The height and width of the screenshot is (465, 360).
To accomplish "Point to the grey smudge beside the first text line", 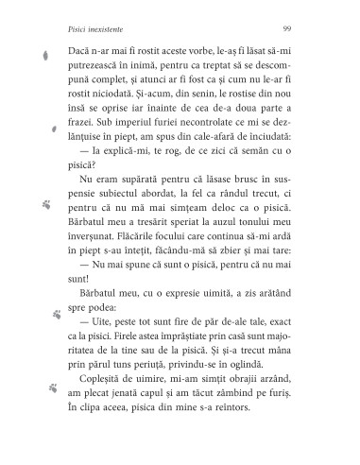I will coord(46,57).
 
